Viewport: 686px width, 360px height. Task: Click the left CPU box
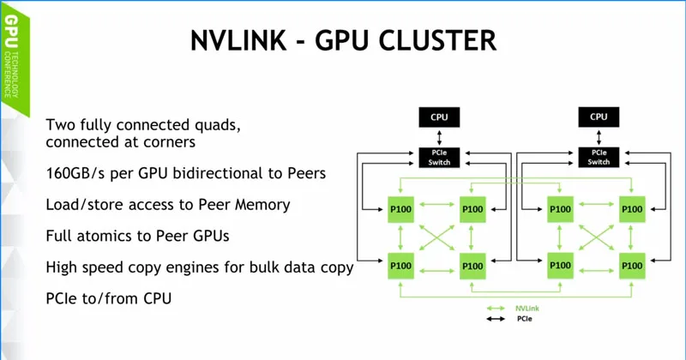pos(439,117)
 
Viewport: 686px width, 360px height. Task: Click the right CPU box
pos(599,117)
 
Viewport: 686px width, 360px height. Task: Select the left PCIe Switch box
pos(439,157)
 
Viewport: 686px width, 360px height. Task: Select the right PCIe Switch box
pos(599,157)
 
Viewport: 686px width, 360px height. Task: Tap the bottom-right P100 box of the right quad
pos(633,265)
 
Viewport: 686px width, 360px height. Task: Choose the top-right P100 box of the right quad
pos(633,208)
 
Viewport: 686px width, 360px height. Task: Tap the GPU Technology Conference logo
pos(12,60)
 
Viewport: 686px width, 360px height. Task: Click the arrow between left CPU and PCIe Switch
pos(439,136)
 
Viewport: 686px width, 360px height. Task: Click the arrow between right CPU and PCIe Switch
pos(599,136)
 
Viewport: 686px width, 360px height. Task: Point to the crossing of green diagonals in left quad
pos(436,237)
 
